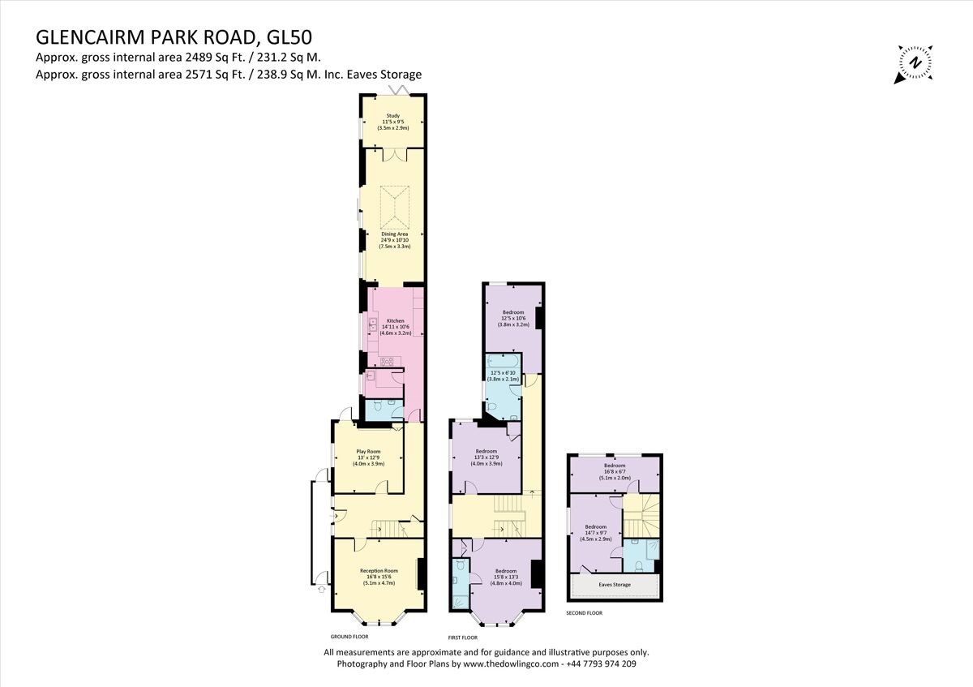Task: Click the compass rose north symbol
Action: click(915, 62)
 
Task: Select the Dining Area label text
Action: click(395, 239)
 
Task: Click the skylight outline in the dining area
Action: click(395, 206)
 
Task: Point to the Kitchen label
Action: click(395, 326)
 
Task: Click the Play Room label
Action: click(368, 457)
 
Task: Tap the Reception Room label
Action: click(379, 576)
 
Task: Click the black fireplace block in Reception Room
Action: click(420, 574)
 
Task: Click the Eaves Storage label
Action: click(615, 584)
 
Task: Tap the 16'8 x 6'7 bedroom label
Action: click(614, 471)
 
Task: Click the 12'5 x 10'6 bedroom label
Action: click(513, 318)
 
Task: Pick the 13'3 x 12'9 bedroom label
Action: click(486, 457)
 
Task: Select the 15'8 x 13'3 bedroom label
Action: click(507, 576)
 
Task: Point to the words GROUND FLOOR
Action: click(349, 637)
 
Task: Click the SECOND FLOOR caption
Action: click(584, 613)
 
